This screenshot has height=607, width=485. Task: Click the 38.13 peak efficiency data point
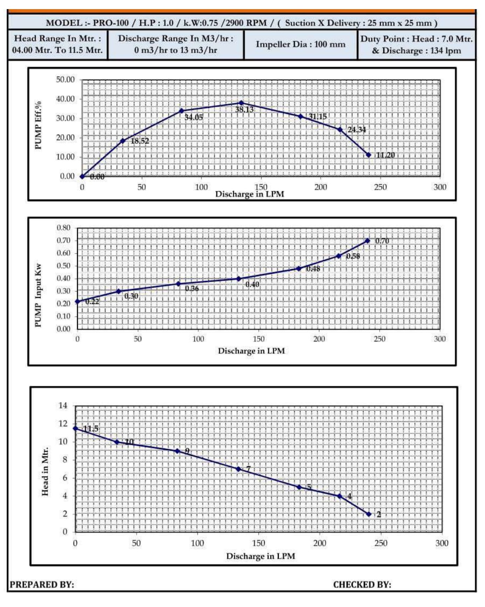[241, 103]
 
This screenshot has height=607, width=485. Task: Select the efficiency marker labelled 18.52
[123, 141]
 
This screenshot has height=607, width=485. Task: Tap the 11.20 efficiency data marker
[368, 155]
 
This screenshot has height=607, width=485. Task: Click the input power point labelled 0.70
[367, 241]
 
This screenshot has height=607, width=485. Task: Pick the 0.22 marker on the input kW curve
[77, 301]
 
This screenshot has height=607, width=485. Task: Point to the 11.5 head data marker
[75, 428]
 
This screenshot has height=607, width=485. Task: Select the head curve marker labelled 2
[369, 514]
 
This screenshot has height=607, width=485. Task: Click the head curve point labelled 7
[238, 469]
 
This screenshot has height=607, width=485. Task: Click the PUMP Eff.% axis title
[39, 125]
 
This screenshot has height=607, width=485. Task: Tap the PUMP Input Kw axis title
[39, 295]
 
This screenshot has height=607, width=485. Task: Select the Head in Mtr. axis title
[45, 471]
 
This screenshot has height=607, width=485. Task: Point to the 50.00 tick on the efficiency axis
[65, 80]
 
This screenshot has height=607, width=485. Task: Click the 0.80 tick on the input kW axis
[64, 228]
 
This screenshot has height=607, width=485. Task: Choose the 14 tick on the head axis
[63, 406]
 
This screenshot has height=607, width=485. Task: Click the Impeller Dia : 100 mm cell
[300, 44]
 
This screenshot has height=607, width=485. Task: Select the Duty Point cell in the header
[416, 44]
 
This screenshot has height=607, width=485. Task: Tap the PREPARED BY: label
[42, 585]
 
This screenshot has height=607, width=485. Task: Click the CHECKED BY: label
[362, 585]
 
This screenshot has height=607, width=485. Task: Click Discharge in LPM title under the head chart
[261, 556]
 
